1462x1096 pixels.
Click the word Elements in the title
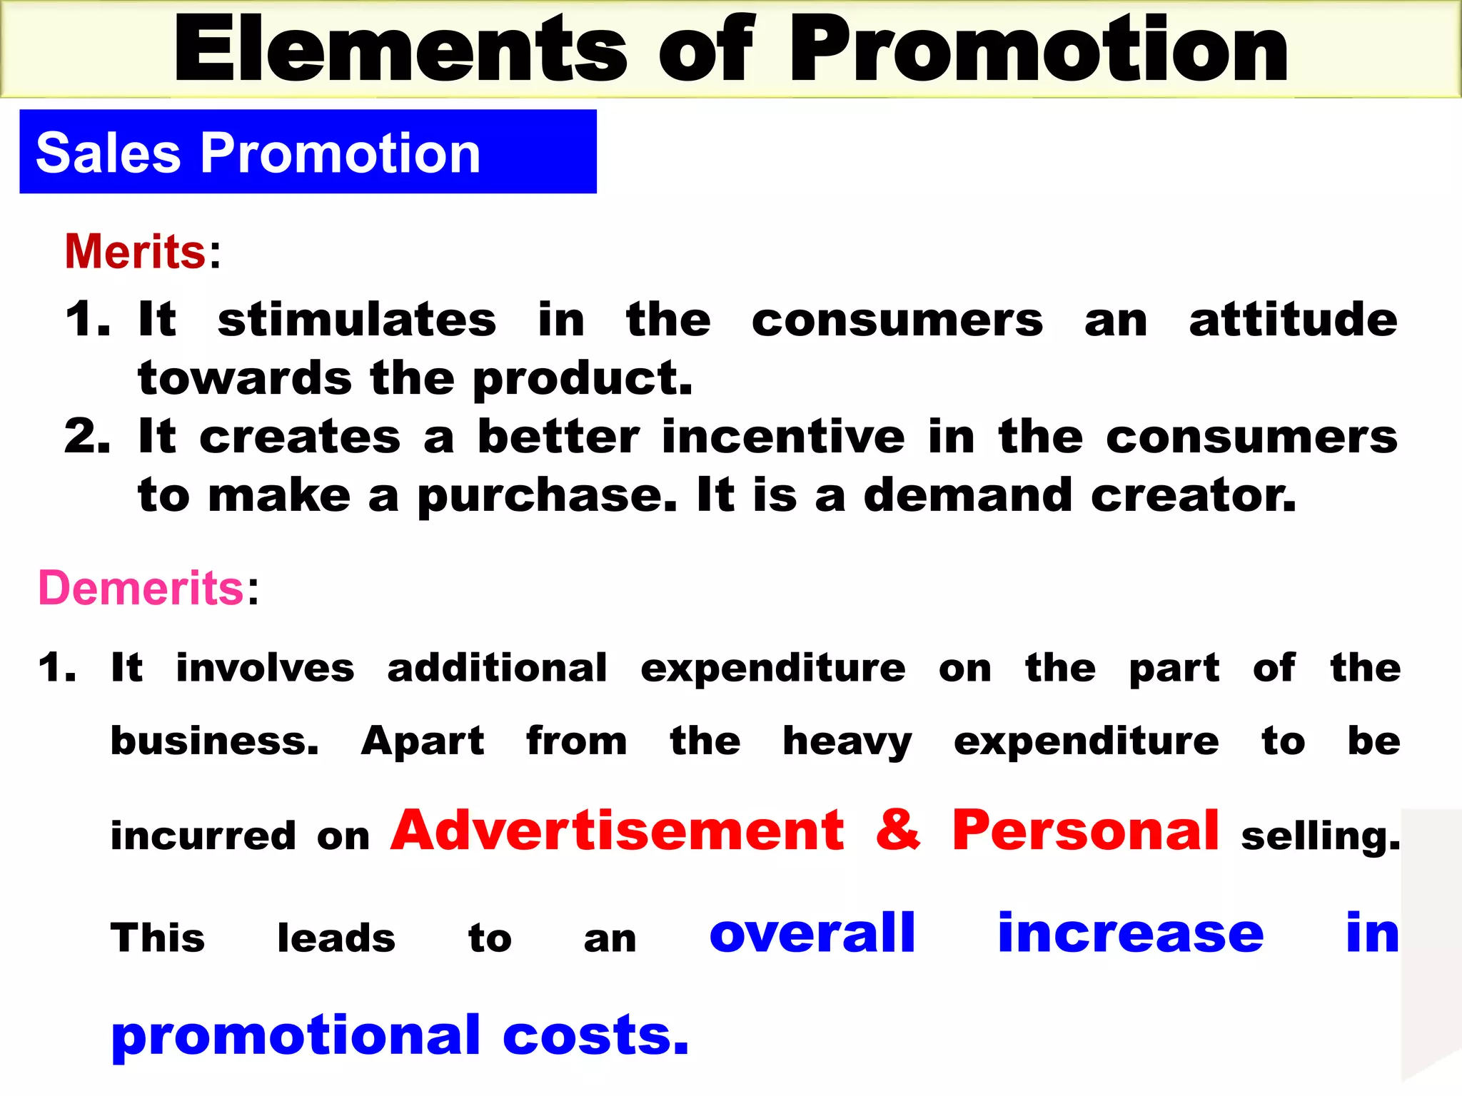tap(400, 50)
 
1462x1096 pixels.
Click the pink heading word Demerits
tap(141, 588)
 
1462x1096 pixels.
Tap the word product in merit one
tap(583, 379)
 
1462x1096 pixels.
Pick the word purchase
tap(547, 497)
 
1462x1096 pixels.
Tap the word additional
tap(497, 668)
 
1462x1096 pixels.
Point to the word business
tap(214, 741)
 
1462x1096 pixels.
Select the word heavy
tap(847, 742)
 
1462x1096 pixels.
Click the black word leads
tap(336, 938)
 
